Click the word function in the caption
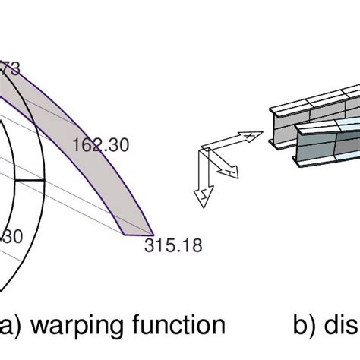pyautogui.click(x=177, y=326)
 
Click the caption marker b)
pyautogui.click(x=306, y=326)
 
